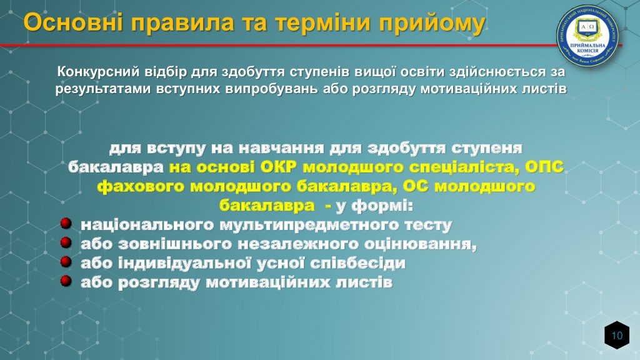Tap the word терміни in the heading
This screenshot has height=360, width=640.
pyautogui.click(x=323, y=22)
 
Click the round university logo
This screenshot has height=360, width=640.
pyautogui.click(x=587, y=36)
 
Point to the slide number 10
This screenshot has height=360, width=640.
pyautogui.click(x=617, y=336)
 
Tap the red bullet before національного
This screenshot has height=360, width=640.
pyautogui.click(x=66, y=223)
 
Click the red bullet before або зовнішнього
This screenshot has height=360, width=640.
pyautogui.click(x=66, y=242)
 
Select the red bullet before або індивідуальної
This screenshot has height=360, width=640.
pyautogui.click(x=66, y=262)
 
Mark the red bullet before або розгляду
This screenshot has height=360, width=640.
pyautogui.click(x=66, y=281)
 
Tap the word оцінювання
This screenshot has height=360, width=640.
pyautogui.click(x=420, y=244)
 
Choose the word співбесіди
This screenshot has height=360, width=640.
pyautogui.click(x=358, y=263)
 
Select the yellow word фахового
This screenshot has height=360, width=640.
pyautogui.click(x=141, y=186)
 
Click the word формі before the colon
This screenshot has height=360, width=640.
pyautogui.click(x=382, y=205)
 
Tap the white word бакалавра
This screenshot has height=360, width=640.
pyautogui.click(x=116, y=167)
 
